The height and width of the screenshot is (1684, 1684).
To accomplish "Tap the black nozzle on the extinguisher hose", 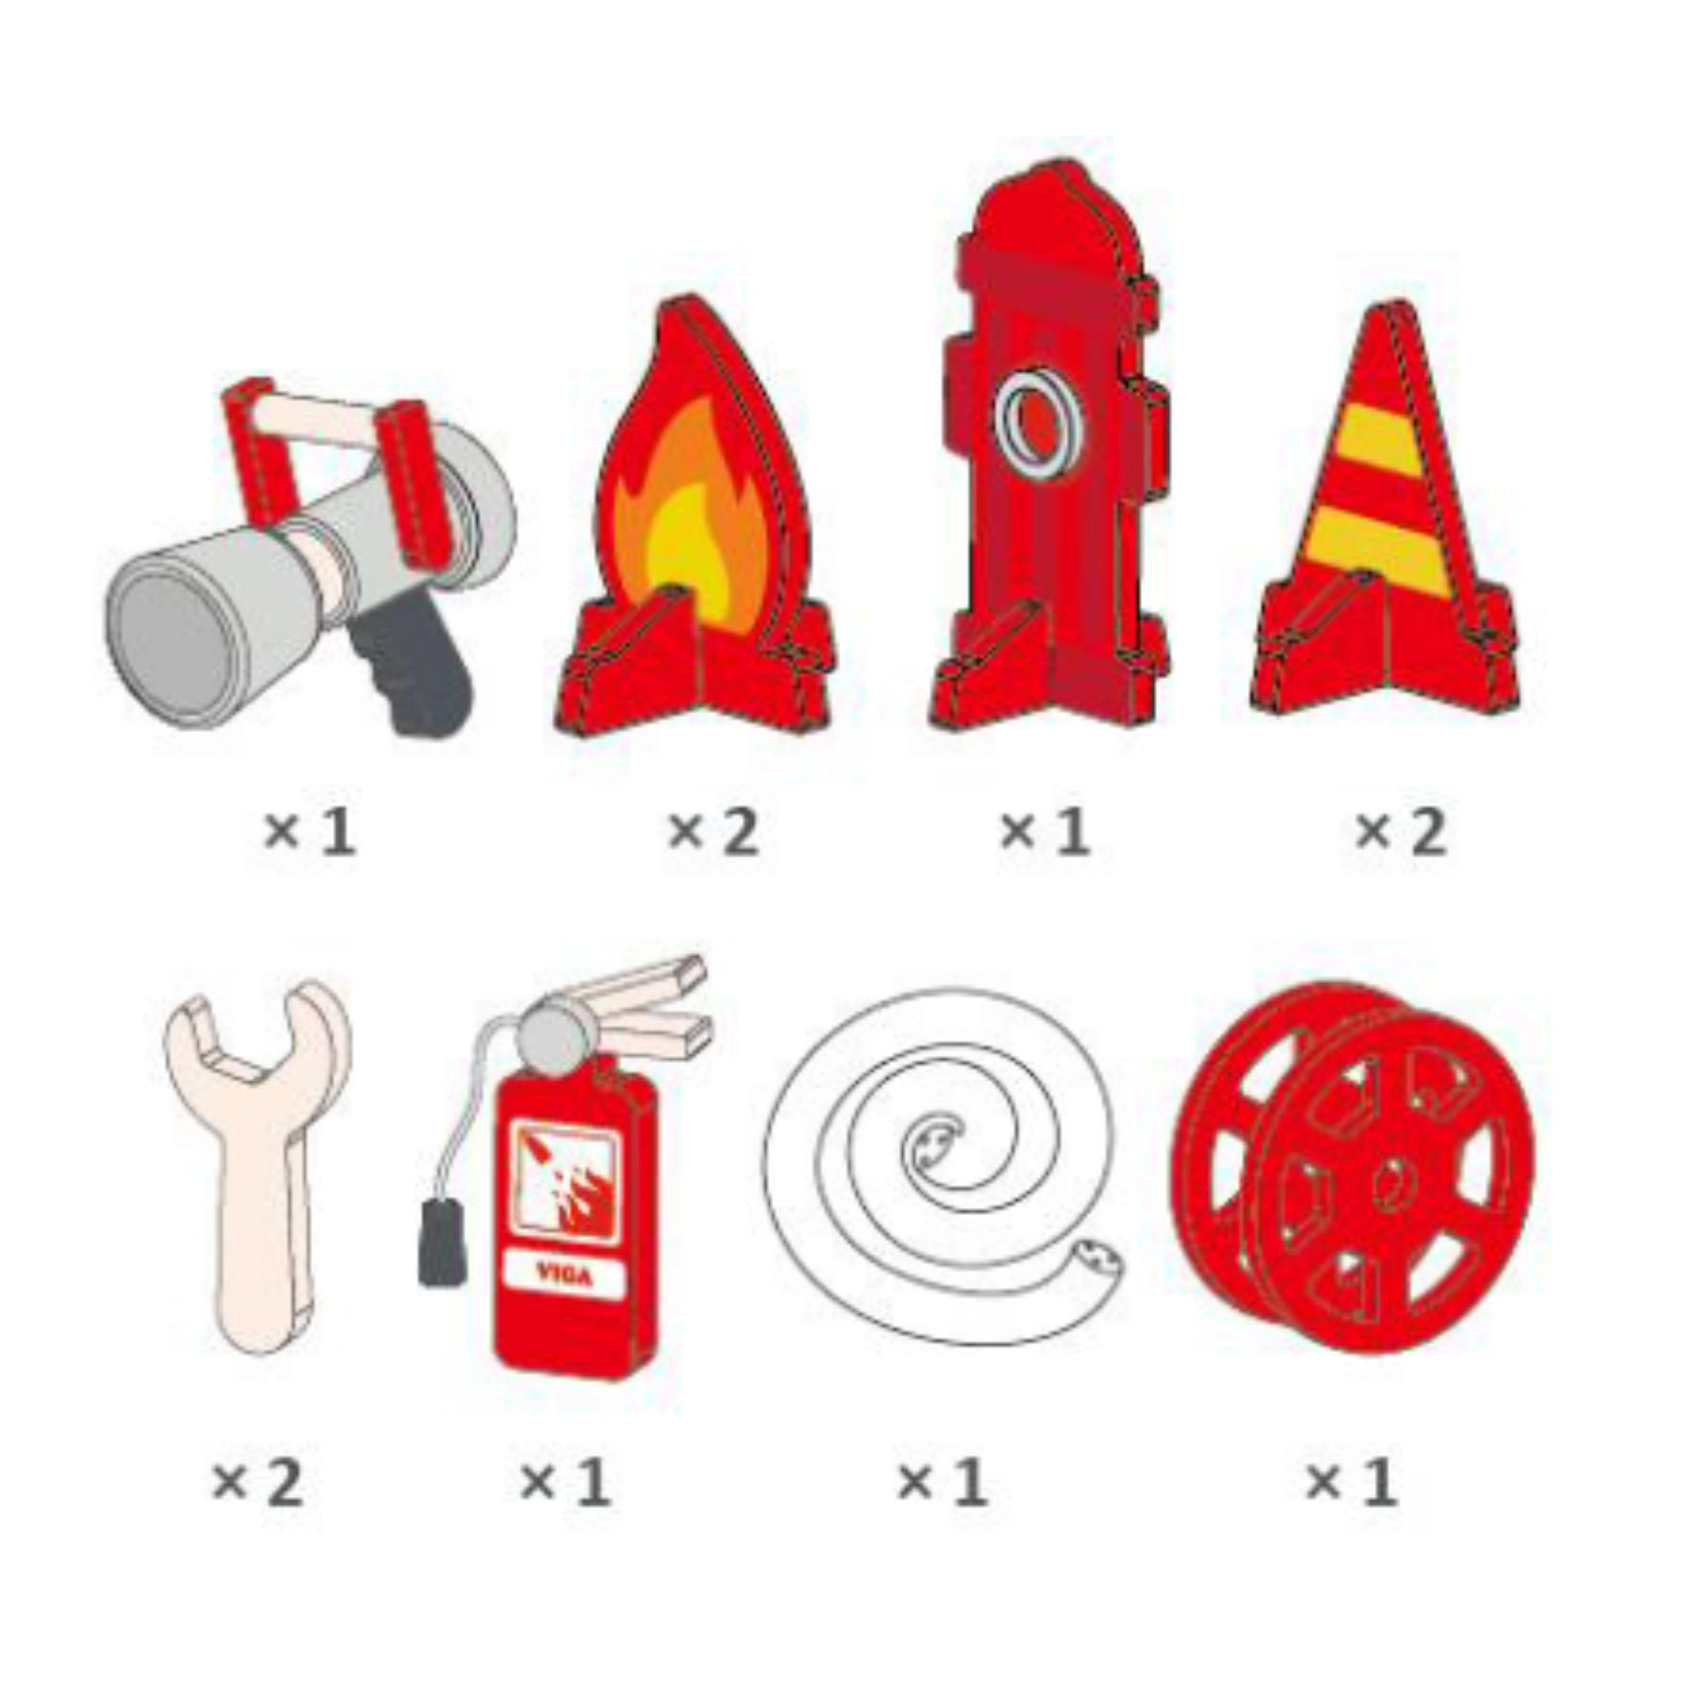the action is tap(441, 1241).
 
